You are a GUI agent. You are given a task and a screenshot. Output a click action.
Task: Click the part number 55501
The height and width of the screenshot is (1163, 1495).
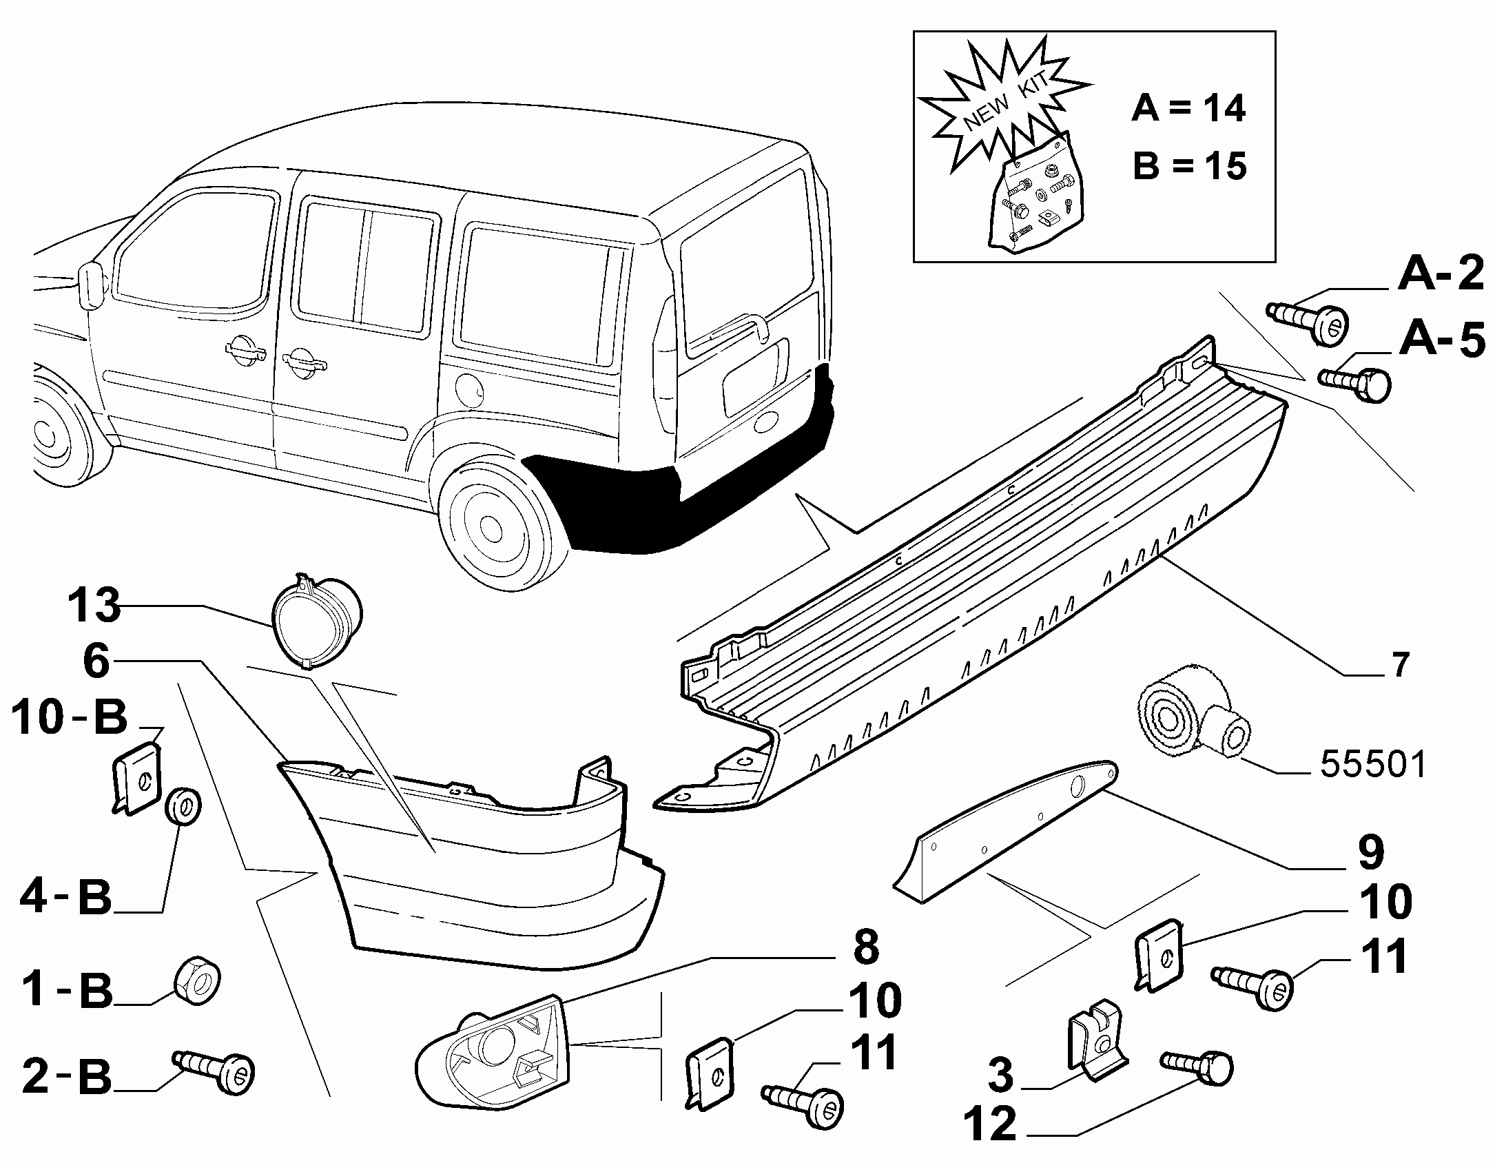pyautogui.click(x=1372, y=765)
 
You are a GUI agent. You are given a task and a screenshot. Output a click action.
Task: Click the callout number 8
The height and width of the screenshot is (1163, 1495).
pyautogui.click(x=865, y=947)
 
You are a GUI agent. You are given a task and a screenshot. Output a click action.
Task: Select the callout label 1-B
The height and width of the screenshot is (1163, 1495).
pyautogui.click(x=67, y=991)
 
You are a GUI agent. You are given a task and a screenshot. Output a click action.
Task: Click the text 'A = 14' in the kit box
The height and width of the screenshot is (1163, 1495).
pyautogui.click(x=1188, y=108)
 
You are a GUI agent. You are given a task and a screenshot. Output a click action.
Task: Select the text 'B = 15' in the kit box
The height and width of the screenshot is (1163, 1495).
pyautogui.click(x=1190, y=166)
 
